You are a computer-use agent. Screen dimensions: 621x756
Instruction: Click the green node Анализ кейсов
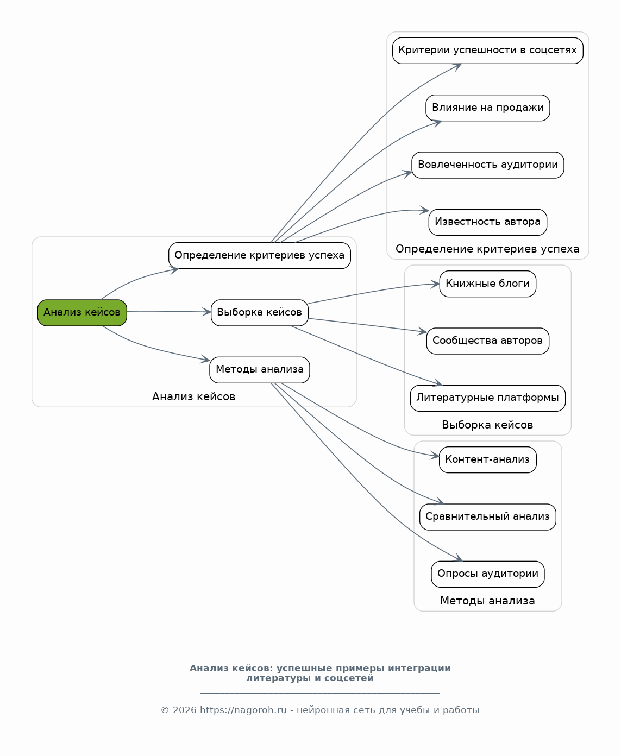82,313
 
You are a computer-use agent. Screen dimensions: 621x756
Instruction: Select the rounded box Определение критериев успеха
260,256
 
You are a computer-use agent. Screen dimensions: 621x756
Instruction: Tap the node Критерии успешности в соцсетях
488,51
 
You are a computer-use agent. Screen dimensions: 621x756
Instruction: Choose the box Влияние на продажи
488,108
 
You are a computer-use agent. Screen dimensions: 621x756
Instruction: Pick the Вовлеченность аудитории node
488,165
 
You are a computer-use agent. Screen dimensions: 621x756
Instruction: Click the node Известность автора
488,222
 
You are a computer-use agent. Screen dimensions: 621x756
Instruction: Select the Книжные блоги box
488,284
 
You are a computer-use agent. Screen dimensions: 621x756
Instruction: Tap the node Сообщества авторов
488,341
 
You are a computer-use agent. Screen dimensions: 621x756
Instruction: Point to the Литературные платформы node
488,398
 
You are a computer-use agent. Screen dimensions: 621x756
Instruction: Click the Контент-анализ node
488,460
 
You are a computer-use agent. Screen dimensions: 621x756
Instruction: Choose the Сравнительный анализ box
488,517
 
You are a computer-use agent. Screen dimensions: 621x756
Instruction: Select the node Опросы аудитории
488,574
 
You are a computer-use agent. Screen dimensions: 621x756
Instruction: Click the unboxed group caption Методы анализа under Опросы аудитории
488,601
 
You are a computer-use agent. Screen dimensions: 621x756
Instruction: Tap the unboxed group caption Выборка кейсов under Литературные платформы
488,425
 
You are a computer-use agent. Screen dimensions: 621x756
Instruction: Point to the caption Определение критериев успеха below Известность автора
488,249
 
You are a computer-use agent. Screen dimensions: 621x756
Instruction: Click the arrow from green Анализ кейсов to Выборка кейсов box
169,312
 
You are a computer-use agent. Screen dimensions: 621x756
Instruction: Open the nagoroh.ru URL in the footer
243,710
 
